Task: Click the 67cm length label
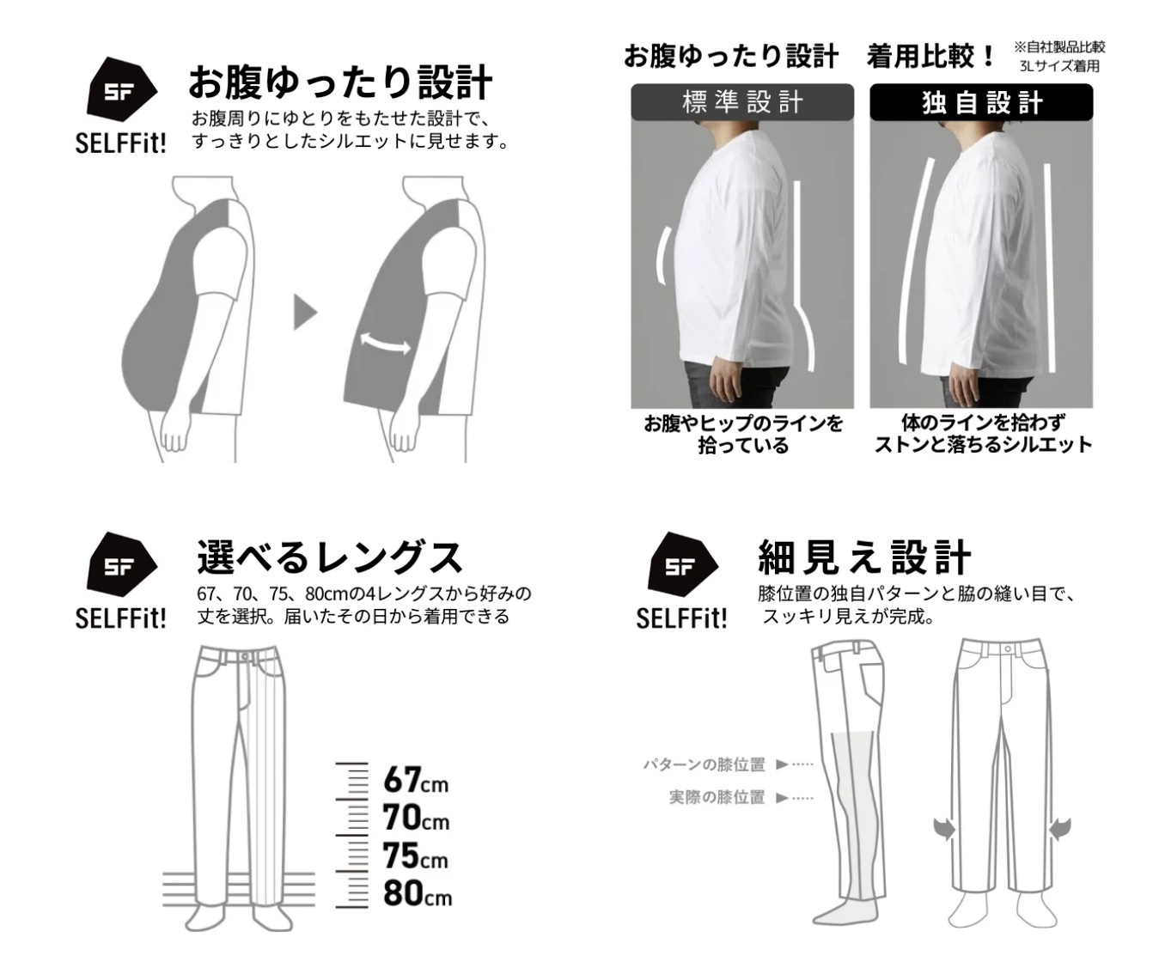pyautogui.click(x=416, y=779)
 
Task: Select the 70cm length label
pyautogui.click(x=416, y=817)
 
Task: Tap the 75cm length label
pyautogui.click(x=416, y=855)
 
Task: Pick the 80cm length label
pyautogui.click(x=418, y=892)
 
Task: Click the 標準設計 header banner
pyautogui.click(x=742, y=102)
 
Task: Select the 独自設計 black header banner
pyautogui.click(x=981, y=102)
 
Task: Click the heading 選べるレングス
pyautogui.click(x=330, y=557)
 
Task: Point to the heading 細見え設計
pyautogui.click(x=864, y=557)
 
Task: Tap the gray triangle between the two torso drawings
pyautogui.click(x=305, y=313)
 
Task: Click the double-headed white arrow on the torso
pyautogui.click(x=385, y=343)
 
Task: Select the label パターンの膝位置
pyautogui.click(x=704, y=764)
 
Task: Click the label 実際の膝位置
pyautogui.click(x=717, y=797)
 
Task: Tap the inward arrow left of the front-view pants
pyautogui.click(x=944, y=828)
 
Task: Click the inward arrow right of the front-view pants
pyautogui.click(x=1060, y=828)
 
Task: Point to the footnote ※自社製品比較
pyautogui.click(x=1059, y=47)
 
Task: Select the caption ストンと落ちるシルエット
pyautogui.click(x=983, y=445)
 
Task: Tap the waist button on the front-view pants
pyautogui.click(x=1008, y=649)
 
